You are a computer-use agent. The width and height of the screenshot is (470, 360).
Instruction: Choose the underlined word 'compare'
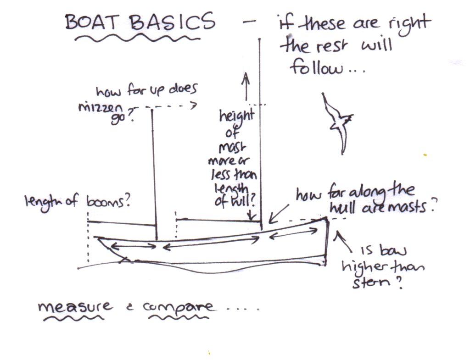(x=179, y=306)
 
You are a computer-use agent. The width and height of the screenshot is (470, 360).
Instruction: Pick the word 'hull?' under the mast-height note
(x=234, y=202)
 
